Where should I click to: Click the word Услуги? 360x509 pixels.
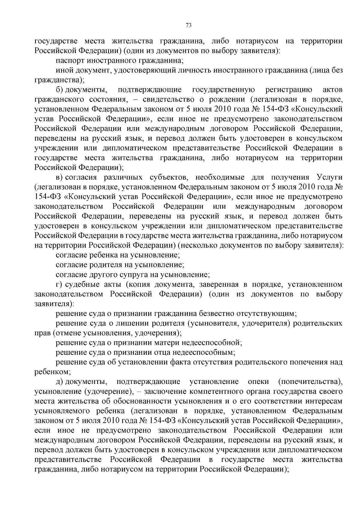[329, 177]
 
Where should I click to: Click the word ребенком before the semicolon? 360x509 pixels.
[52, 372]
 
